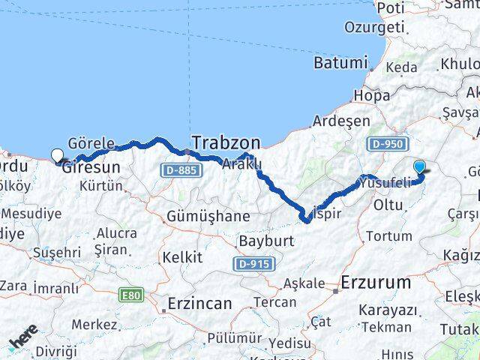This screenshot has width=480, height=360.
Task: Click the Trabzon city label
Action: [226, 142]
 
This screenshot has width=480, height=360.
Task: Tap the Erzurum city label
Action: [376, 283]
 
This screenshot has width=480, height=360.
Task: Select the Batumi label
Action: [341, 63]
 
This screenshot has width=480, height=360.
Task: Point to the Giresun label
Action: [91, 167]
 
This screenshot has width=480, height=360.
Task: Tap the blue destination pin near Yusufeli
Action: [419, 167]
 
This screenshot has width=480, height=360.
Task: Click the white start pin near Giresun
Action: [58, 156]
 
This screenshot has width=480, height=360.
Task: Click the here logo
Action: [22, 337]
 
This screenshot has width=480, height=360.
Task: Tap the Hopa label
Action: [372, 95]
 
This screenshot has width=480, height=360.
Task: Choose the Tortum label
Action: [389, 235]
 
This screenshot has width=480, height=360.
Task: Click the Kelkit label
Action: [182, 257]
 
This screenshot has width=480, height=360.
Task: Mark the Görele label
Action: [91, 142]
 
